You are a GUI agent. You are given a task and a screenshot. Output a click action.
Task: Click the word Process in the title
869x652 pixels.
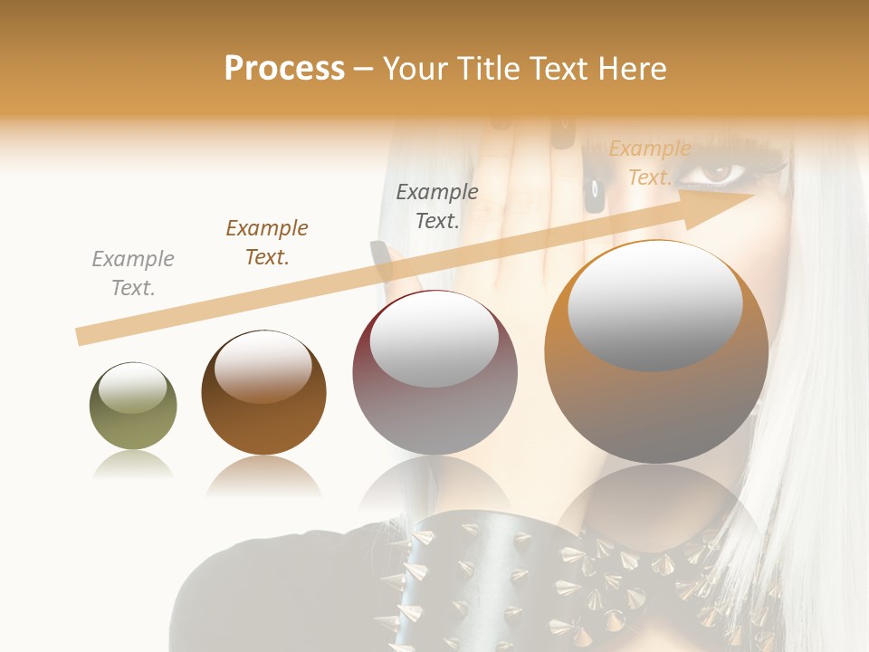pyautogui.click(x=284, y=69)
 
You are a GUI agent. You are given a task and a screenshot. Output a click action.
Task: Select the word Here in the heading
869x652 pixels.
pyautogui.click(x=631, y=69)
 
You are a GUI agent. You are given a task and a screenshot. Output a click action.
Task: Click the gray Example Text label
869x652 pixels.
pyautogui.click(x=133, y=273)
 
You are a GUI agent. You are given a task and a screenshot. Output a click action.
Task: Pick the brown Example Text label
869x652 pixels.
pyautogui.click(x=267, y=243)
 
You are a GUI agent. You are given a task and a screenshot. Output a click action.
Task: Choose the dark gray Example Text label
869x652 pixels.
pyautogui.click(x=437, y=206)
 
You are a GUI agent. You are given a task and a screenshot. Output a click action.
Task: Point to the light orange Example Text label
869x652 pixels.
pyautogui.click(x=649, y=163)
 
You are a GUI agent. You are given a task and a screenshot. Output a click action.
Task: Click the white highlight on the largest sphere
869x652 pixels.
pyautogui.click(x=654, y=306)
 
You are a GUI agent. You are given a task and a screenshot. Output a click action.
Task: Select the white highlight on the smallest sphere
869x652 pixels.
pyautogui.click(x=132, y=388)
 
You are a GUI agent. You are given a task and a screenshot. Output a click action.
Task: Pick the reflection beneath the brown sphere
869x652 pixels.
pyautogui.click(x=263, y=475)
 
